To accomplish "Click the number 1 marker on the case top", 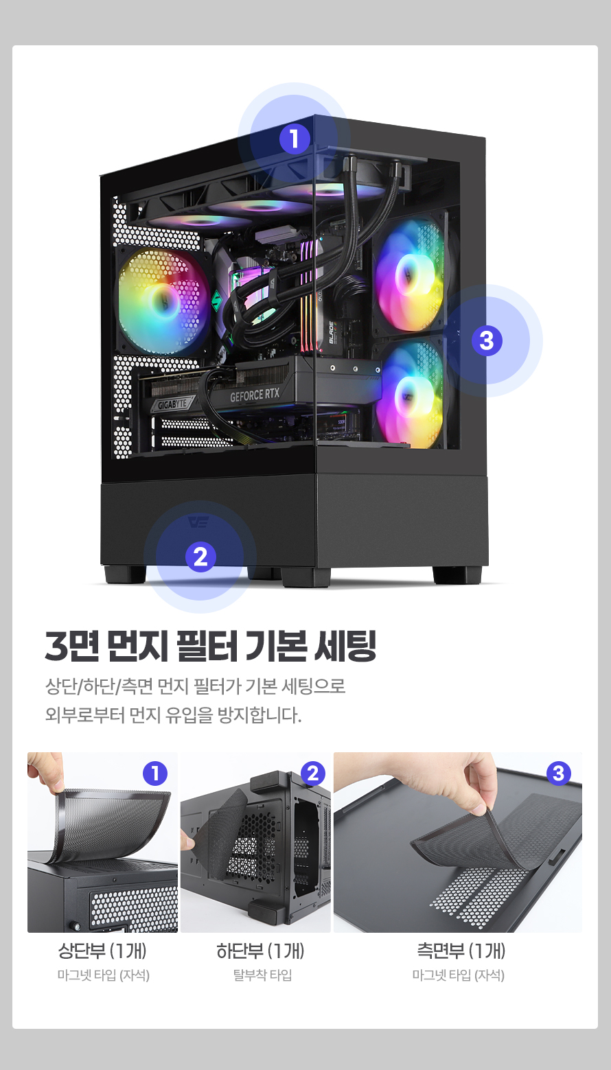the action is pos(295,139).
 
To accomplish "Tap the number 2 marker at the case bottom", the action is pos(200,557).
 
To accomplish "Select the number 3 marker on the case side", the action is pos(487,340).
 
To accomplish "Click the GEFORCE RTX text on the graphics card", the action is pos(255,395).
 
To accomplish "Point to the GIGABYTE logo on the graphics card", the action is pos(172,404).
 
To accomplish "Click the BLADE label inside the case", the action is pos(332,332).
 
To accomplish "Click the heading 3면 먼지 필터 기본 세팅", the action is pos(211,646).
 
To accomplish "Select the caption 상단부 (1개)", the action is pos(102,951).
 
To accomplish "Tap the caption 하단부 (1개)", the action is pos(260,951).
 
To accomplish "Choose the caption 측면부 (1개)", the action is pos(461,951).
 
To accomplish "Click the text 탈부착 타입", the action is pos(262,975).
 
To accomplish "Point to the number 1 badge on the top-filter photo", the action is pos(155,773).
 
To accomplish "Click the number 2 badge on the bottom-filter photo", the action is pos(313,773).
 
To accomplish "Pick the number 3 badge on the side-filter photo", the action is pos(558,773).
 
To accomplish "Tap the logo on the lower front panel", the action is pos(198,521).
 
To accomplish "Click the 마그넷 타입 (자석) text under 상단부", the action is pos(104,975).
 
